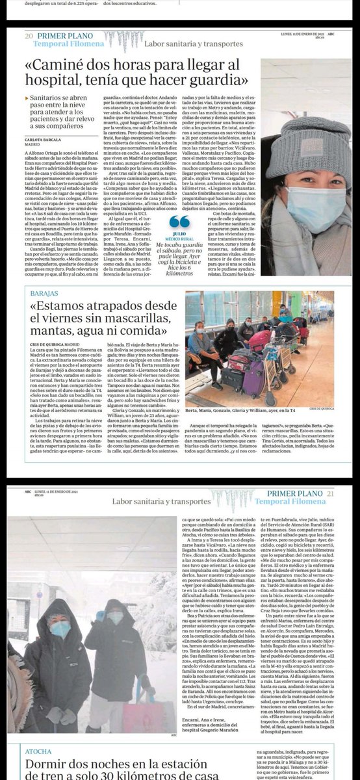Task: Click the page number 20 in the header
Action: point(29,36)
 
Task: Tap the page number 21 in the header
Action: point(333,495)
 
